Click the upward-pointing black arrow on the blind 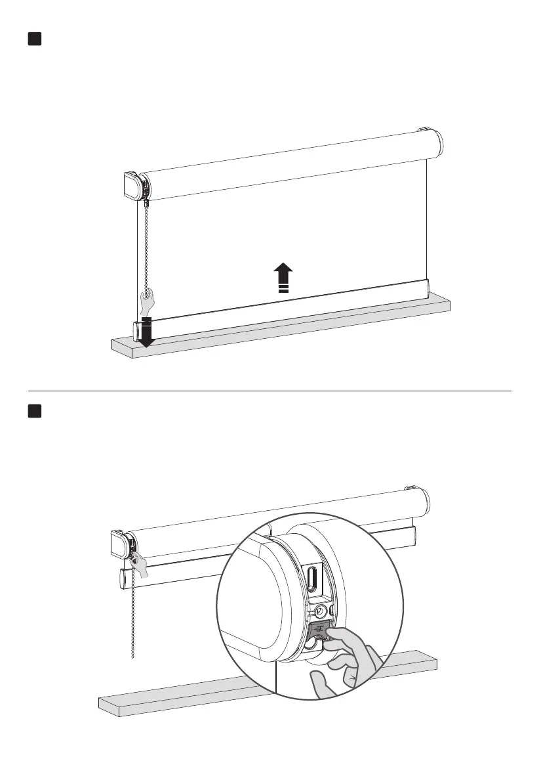[283, 276]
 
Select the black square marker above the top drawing [35, 39]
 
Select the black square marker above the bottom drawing [35, 411]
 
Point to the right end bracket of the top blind [426, 131]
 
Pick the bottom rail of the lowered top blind [282, 302]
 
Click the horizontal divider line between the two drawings [269, 391]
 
